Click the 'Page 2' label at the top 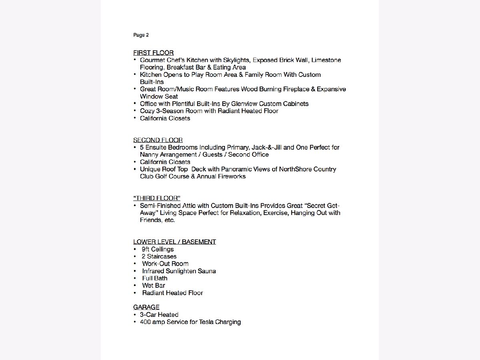tap(141, 35)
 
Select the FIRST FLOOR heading tap(153, 53)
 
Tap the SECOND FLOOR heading tap(158, 140)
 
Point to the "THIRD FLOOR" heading tap(156, 198)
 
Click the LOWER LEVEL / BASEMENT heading tap(174, 242)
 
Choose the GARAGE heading tap(146, 307)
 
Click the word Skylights tap(236, 60)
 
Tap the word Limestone tap(326, 60)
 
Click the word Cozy tap(147, 111)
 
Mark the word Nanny tap(149, 154)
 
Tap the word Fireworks tap(232, 176)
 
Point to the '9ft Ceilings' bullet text tap(158, 249)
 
